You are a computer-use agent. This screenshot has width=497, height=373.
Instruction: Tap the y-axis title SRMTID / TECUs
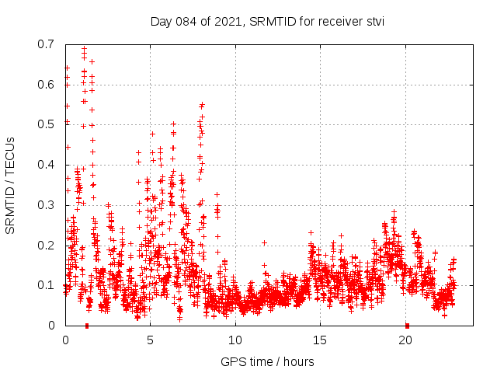point(10,184)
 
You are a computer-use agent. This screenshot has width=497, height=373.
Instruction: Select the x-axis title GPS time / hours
point(267,361)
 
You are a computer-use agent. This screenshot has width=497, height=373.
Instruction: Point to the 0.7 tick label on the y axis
point(46,44)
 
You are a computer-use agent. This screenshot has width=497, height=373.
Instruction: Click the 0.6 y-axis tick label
point(46,84)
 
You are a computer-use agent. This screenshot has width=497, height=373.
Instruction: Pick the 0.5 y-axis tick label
point(46,124)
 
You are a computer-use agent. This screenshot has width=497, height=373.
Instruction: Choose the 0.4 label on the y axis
point(46,165)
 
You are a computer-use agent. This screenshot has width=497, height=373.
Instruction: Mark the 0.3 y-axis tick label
point(46,205)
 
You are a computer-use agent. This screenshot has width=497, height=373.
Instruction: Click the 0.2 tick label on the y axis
point(46,246)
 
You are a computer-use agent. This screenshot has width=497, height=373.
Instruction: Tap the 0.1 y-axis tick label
point(46,285)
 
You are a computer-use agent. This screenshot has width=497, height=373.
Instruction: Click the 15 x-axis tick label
point(320,340)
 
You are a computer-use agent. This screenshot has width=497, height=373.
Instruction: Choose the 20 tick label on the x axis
point(405,340)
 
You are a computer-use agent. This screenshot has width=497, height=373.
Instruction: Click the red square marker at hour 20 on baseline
point(407,325)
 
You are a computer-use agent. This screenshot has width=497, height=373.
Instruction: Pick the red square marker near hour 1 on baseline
point(86,325)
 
